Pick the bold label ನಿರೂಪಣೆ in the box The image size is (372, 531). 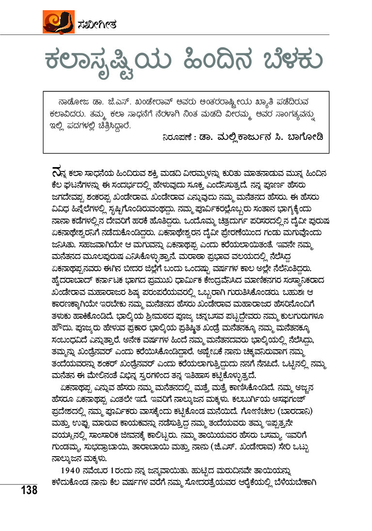click(x=180, y=137)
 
